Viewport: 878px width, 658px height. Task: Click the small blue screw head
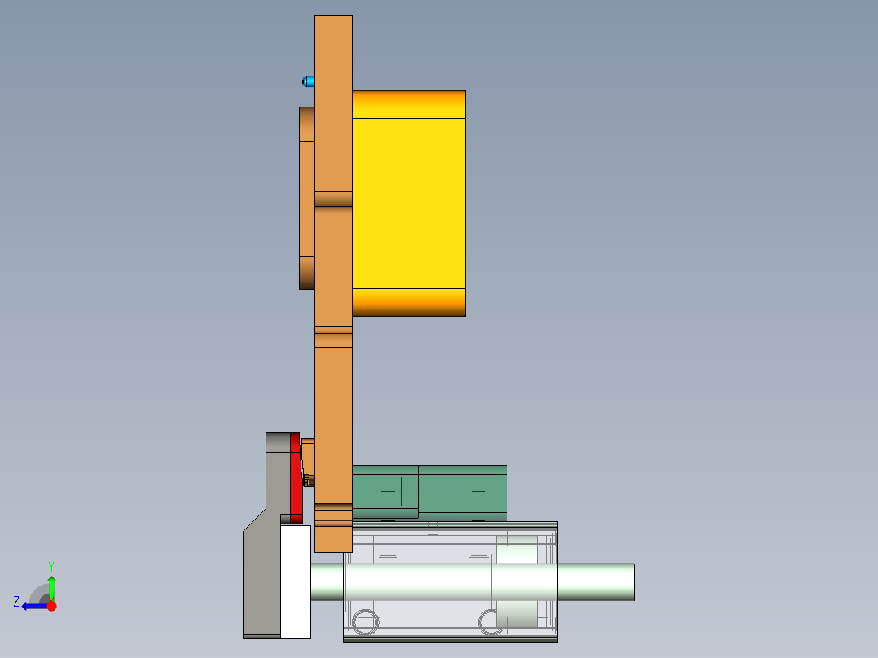[x=309, y=81]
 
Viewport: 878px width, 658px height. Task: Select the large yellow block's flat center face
[x=408, y=203]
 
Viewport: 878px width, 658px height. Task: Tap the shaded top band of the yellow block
[x=408, y=104]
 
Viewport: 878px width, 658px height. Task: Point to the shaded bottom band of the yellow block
[x=408, y=302]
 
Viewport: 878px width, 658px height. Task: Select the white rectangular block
[x=295, y=581]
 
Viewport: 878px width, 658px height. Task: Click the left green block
[x=385, y=490]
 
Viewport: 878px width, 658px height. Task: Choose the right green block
[x=463, y=492]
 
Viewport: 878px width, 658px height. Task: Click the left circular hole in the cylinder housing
[x=366, y=622]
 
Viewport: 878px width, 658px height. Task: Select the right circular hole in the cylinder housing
[x=490, y=622]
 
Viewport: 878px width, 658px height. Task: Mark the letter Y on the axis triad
[x=50, y=565]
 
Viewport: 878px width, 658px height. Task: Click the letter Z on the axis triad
[x=16, y=601]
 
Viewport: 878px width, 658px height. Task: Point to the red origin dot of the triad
[x=51, y=606]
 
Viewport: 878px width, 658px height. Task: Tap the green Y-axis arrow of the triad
[x=51, y=586]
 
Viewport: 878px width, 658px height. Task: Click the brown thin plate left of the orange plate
[x=306, y=198]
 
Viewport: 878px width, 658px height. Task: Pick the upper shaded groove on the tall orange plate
[x=333, y=200]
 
